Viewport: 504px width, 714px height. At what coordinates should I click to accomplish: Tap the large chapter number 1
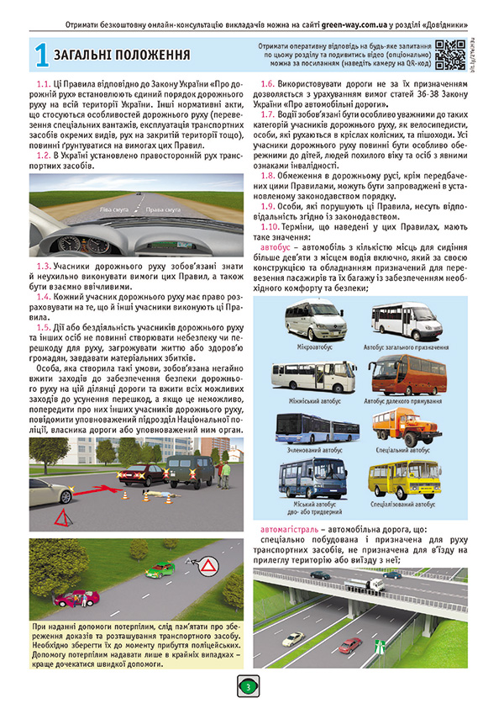pyautogui.click(x=39, y=56)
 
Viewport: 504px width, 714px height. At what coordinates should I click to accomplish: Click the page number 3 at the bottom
pyautogui.click(x=249, y=687)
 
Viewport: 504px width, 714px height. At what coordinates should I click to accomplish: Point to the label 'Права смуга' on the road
pyautogui.click(x=161, y=207)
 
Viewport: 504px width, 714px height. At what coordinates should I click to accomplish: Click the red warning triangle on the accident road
pyautogui.click(x=62, y=515)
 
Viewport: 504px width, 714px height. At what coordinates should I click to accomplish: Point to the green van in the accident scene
pyautogui.click(x=192, y=470)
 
